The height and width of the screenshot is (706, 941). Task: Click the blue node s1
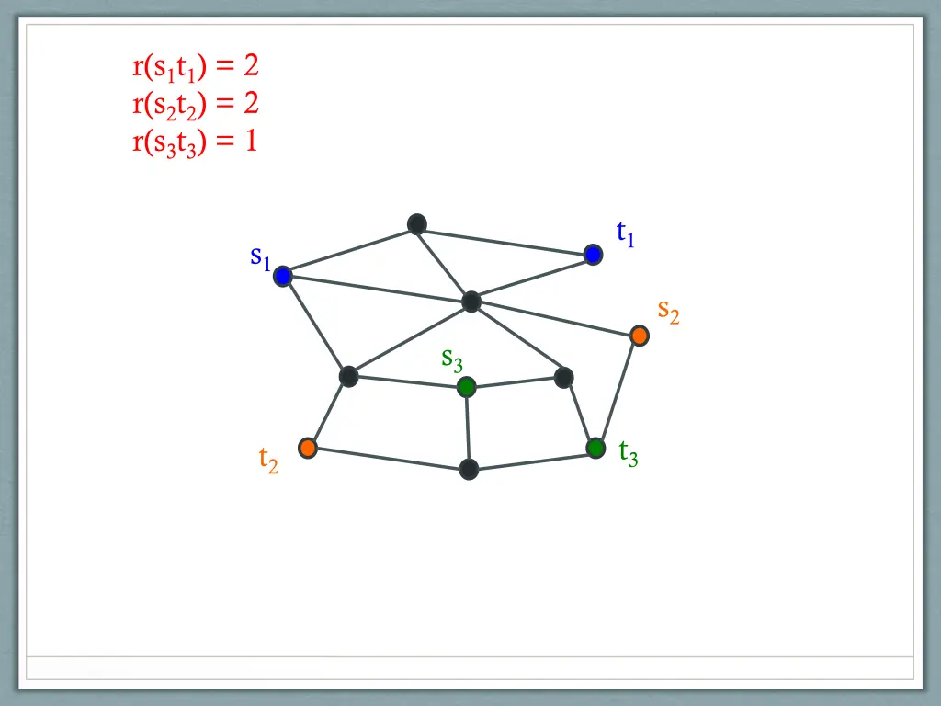(282, 276)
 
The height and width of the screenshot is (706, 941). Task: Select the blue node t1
(593, 255)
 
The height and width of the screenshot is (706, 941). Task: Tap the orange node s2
(640, 336)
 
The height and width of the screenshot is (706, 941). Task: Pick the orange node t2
(308, 448)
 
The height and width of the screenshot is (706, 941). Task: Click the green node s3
(467, 387)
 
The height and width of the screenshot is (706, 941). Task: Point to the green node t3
(595, 448)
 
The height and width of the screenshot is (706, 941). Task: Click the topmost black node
(417, 223)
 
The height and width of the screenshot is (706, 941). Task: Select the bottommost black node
(469, 470)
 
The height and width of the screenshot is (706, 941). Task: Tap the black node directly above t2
(348, 376)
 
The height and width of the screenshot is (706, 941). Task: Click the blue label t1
(626, 234)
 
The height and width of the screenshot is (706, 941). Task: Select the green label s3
(451, 359)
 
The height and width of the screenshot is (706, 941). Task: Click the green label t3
(629, 452)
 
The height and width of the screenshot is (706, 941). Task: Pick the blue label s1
(260, 257)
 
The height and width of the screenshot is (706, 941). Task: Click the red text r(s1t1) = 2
(195, 67)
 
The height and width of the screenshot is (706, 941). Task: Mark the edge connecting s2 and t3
(618, 392)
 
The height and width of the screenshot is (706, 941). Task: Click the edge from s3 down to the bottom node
(468, 428)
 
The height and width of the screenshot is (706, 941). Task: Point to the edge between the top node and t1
(505, 239)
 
